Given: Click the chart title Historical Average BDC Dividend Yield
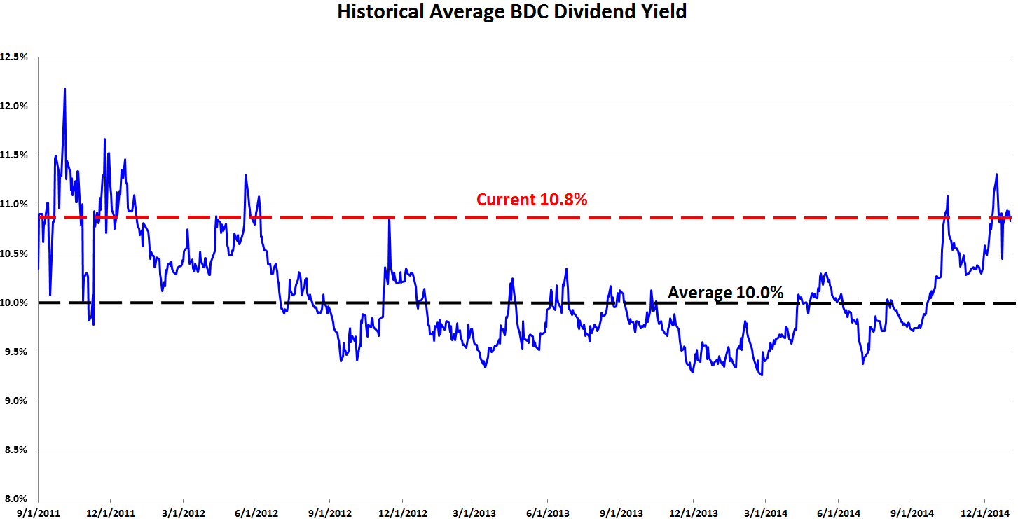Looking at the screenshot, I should pyautogui.click(x=511, y=12).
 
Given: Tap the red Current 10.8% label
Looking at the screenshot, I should pyautogui.click(x=532, y=200).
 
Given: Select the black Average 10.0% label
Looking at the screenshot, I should pyautogui.click(x=725, y=293).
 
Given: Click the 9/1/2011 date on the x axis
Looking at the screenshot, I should pyautogui.click(x=38, y=512).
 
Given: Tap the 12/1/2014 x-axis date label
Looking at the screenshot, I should pyautogui.click(x=984, y=512).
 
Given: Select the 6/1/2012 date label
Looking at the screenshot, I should pyautogui.click(x=256, y=512).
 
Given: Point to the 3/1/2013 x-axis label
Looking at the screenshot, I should pyautogui.click(x=474, y=512).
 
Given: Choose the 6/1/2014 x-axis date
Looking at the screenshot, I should pyautogui.click(x=839, y=512).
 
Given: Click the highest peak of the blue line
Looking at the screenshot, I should pyautogui.click(x=64, y=89).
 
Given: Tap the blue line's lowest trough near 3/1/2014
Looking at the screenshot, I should pyautogui.click(x=762, y=375).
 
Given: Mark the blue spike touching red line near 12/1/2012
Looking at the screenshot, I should pyautogui.click(x=389, y=219).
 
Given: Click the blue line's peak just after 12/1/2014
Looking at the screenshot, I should pyautogui.click(x=996, y=174).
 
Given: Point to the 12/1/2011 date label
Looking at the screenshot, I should pyautogui.click(x=111, y=512).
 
